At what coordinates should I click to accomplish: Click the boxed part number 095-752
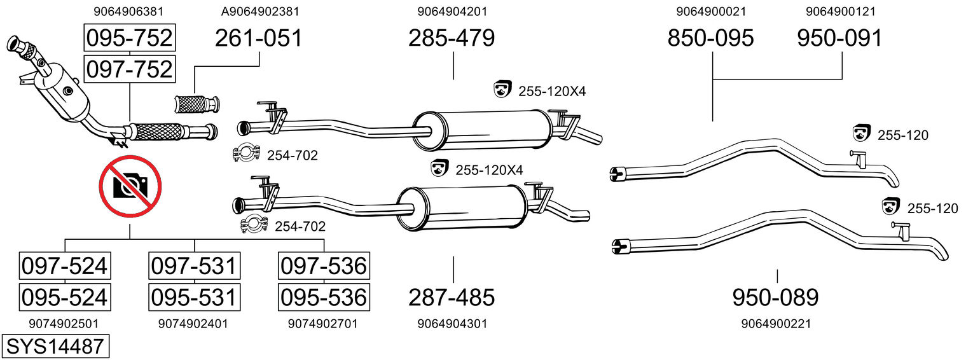(x=129, y=38)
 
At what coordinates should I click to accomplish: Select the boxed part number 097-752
(x=129, y=69)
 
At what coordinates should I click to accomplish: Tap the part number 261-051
(x=259, y=38)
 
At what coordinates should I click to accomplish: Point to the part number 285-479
(x=452, y=38)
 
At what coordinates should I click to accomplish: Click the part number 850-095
(x=711, y=38)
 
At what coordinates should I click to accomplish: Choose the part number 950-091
(x=841, y=38)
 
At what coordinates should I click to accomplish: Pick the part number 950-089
(x=776, y=297)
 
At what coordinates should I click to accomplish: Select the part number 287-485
(x=452, y=297)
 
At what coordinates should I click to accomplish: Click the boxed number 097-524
(x=64, y=265)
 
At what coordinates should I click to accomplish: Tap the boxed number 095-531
(x=194, y=297)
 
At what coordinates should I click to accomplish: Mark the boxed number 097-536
(x=324, y=265)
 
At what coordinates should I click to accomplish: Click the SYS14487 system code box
(x=55, y=347)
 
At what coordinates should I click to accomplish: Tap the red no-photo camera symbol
(x=130, y=186)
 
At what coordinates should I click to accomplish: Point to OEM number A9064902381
(x=260, y=11)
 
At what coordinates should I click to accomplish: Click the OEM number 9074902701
(x=324, y=324)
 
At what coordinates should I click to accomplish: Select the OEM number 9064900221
(x=776, y=324)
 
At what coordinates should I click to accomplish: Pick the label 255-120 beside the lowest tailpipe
(x=932, y=208)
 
